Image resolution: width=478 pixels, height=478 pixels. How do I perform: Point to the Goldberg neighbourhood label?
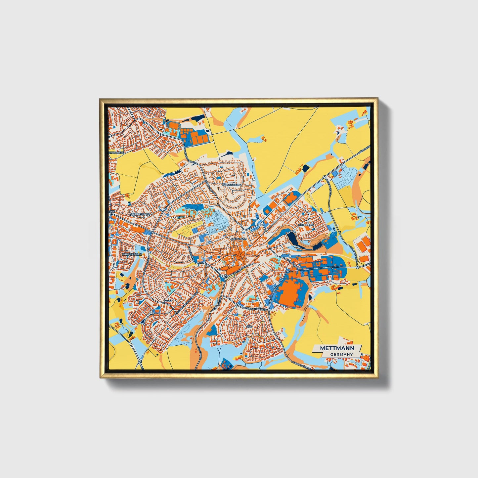point(306,225)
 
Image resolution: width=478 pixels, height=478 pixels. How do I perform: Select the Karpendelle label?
point(132,254)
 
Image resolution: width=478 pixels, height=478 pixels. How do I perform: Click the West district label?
point(169,301)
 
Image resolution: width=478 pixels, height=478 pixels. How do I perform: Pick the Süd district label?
point(249,326)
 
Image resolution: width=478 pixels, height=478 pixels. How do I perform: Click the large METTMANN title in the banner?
point(337,348)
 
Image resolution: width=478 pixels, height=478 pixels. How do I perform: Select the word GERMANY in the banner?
point(341,354)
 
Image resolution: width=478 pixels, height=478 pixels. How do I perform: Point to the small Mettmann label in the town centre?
point(239,239)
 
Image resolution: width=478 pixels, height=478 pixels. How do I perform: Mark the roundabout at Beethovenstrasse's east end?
point(270,310)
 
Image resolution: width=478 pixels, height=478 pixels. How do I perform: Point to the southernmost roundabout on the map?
point(140,362)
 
